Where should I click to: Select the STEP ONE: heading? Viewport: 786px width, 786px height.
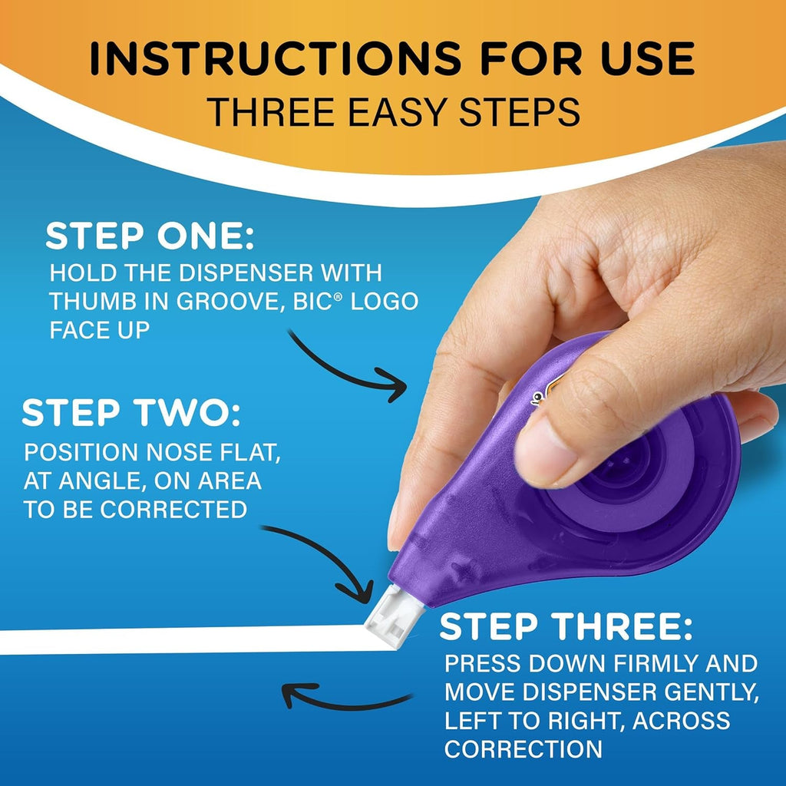tap(149, 236)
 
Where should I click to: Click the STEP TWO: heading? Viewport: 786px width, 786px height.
tap(130, 414)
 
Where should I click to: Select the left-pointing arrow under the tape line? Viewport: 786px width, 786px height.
tap(345, 697)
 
